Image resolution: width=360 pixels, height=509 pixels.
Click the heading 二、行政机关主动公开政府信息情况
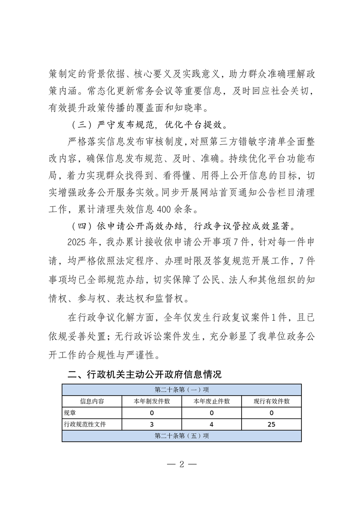tap(144, 375)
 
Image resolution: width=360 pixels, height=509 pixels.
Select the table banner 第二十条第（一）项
tap(181, 390)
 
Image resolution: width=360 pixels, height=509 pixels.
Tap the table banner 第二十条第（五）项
tap(181, 436)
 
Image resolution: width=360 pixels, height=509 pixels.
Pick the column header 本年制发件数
tap(152, 401)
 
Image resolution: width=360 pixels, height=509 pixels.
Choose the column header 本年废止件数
tap(212, 401)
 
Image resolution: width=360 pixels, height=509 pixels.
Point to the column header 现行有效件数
tap(271, 401)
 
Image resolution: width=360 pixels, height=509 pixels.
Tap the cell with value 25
tap(271, 425)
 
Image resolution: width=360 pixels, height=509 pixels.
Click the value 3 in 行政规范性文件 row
tap(152, 425)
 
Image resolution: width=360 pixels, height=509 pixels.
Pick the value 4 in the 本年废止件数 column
tap(212, 425)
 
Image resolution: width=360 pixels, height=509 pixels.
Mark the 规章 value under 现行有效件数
tap(271, 413)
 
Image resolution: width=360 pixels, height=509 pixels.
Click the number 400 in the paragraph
tap(164, 210)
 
